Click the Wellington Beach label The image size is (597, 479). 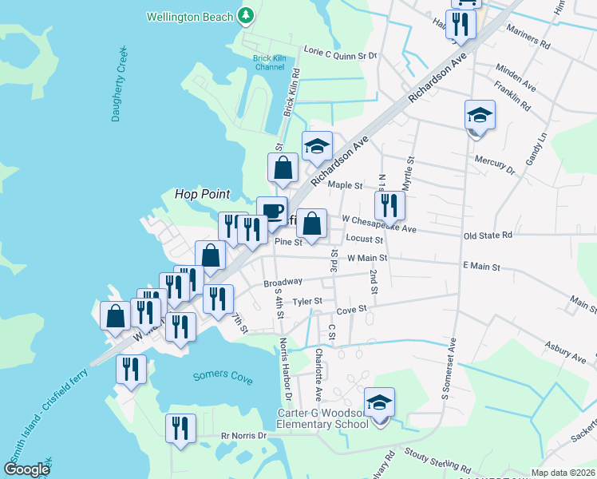[x=191, y=16]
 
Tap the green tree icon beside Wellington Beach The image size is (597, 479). [x=247, y=15]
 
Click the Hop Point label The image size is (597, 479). [x=203, y=194]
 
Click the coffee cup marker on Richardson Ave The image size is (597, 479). [x=271, y=212]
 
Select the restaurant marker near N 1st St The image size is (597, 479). [x=389, y=205]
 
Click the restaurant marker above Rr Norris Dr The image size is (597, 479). [x=181, y=427]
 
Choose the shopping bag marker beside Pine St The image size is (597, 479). [x=313, y=224]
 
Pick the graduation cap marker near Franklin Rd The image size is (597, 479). [x=480, y=115]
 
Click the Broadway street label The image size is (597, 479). [x=283, y=283]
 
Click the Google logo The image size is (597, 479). [x=27, y=469]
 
